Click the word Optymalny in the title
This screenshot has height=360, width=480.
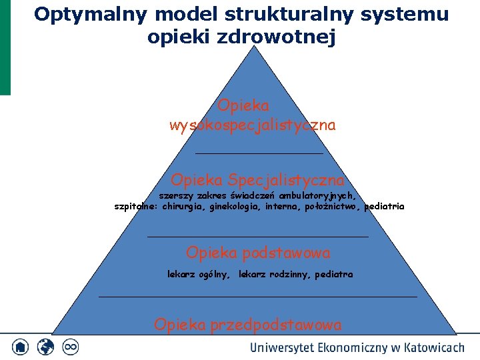tap(91, 15)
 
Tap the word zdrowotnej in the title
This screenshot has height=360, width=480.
tap(276, 37)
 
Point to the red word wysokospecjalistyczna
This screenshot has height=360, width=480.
tap(253, 125)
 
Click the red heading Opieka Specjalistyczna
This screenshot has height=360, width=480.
tap(258, 180)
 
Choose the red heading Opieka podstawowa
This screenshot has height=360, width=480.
tap(258, 253)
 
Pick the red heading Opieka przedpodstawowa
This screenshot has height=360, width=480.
tap(247, 325)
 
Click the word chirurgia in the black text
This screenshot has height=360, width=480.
tap(182, 207)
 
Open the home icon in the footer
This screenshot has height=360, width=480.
tap(20, 347)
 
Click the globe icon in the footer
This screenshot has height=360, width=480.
tap(45, 347)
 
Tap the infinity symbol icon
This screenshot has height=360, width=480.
tap(71, 347)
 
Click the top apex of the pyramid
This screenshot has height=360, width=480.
tap(254, 46)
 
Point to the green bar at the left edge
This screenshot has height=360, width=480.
tap(5, 47)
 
